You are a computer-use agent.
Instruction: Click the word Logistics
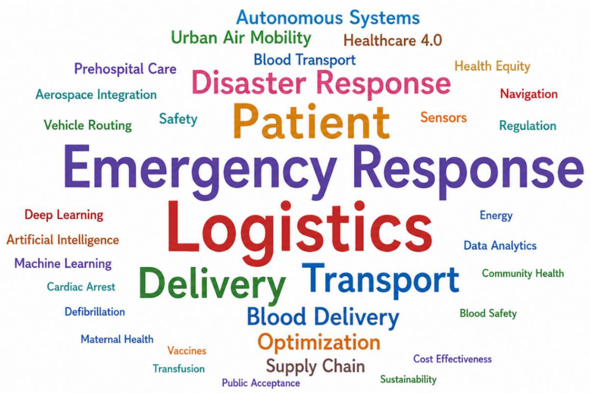[300, 233]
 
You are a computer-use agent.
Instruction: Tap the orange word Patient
[311, 122]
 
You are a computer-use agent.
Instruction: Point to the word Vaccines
[187, 350]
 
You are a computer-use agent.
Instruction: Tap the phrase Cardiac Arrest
[81, 287]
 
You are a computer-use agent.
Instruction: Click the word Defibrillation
[95, 312]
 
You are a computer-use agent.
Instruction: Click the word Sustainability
[408, 379]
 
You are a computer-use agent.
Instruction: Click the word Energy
[496, 216]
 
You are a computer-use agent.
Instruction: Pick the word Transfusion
[179, 369]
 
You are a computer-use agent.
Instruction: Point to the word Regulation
[528, 126]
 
